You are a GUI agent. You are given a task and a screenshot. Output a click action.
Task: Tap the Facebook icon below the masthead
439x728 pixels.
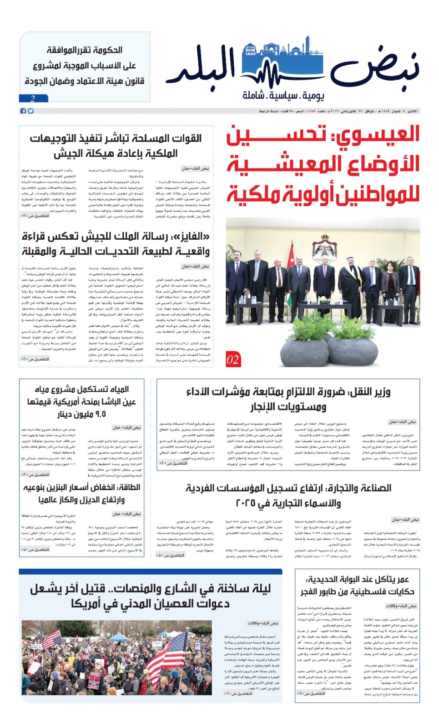point(23,111)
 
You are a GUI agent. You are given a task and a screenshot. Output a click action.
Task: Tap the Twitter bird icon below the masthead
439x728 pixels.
point(30,111)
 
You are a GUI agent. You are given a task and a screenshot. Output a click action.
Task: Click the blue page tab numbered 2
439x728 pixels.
point(33,98)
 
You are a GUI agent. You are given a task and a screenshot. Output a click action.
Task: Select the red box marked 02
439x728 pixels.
point(233,360)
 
